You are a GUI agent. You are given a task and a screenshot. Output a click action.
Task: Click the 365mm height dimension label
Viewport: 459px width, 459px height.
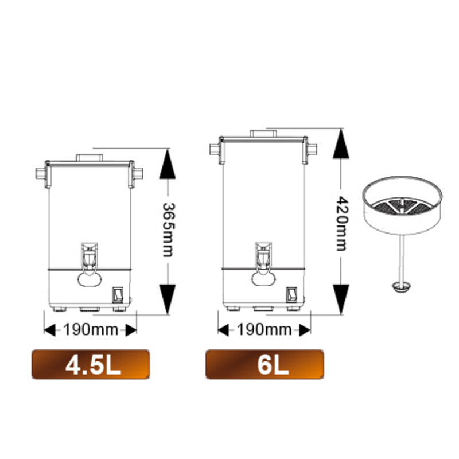(168, 230)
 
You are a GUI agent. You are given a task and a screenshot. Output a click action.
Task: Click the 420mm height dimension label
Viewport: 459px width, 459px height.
(341, 223)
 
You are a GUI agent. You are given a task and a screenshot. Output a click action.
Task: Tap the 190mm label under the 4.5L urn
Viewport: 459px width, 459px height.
(91, 330)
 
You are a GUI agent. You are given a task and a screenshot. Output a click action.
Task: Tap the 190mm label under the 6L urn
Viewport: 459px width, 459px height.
(264, 330)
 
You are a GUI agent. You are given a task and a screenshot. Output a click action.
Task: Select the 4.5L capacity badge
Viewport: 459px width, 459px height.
(91, 364)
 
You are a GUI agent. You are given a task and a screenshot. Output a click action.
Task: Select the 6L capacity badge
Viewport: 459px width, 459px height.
(264, 364)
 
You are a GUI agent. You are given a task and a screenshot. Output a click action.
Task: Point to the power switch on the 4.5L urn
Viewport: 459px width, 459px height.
(118, 295)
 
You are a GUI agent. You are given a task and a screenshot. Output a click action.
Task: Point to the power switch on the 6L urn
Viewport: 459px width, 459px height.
(291, 295)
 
